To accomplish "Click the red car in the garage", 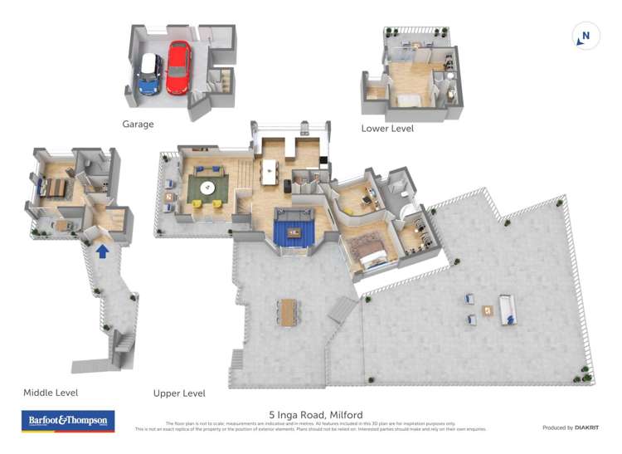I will pyautogui.click(x=177, y=68).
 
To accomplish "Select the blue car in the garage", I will pyautogui.click(x=149, y=73).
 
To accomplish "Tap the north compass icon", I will pyautogui.click(x=586, y=36).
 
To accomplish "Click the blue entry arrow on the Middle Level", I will pyautogui.click(x=102, y=250).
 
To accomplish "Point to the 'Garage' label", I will pyautogui.click(x=138, y=124).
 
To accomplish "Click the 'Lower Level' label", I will pyautogui.click(x=387, y=129).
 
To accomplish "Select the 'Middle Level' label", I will pyautogui.click(x=51, y=393).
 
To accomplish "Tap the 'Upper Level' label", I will pyautogui.click(x=179, y=393).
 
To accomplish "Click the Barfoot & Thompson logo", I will pyautogui.click(x=67, y=421).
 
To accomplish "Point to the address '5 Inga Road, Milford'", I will pyautogui.click(x=315, y=414).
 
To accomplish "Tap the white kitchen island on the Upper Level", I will pyautogui.click(x=269, y=171).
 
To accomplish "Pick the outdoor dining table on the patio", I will pyautogui.click(x=288, y=311).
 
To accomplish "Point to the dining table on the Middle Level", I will pyautogui.click(x=54, y=188).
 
